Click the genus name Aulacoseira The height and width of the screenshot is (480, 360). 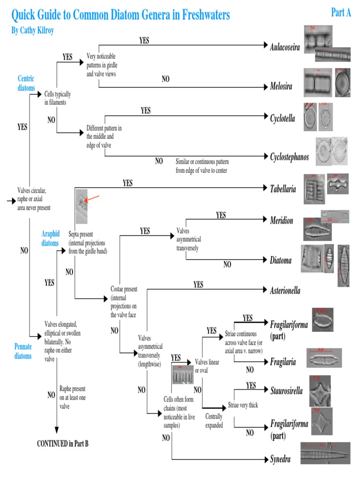coord(285,47)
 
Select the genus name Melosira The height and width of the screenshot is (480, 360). coord(281,86)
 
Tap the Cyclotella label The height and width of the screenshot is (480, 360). coord(282,118)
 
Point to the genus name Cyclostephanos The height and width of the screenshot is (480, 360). coord(289,157)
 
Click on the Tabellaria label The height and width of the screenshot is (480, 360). coord(283,189)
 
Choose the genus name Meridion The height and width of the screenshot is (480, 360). coord(281,220)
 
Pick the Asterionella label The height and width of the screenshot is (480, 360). coord(285,291)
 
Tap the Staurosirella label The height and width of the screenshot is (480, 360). coord(286,390)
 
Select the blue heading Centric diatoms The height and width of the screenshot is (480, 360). coord(26,83)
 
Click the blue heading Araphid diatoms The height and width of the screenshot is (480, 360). coord(51,238)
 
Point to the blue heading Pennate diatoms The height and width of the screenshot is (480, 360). coord(23,351)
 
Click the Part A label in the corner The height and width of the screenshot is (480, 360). coord(341,13)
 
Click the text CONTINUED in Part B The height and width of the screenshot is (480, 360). coord(63,443)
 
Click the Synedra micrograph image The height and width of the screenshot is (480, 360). coord(325,453)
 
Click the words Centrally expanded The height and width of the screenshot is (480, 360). coord(214,420)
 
